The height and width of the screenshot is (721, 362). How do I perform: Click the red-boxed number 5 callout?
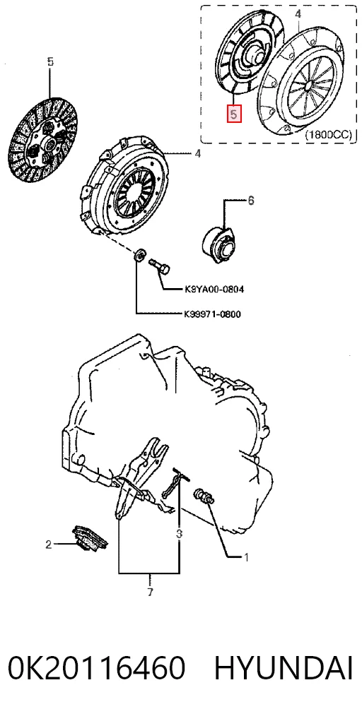click(x=233, y=114)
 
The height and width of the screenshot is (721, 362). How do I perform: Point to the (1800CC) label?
click(x=328, y=135)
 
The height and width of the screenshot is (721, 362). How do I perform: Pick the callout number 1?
click(x=246, y=557)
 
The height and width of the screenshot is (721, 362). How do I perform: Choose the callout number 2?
click(x=48, y=545)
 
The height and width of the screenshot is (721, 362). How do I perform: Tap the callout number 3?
click(x=179, y=534)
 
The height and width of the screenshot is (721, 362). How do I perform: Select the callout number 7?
click(x=150, y=592)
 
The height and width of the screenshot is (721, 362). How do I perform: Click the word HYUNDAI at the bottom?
click(x=284, y=668)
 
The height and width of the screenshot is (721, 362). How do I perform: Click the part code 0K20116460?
click(x=96, y=668)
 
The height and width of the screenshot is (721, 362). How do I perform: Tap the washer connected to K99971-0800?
click(x=139, y=254)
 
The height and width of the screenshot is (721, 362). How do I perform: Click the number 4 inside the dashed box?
click(x=298, y=15)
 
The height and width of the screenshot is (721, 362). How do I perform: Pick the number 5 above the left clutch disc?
click(x=50, y=61)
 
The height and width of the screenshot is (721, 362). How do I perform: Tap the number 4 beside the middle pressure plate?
click(x=197, y=153)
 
